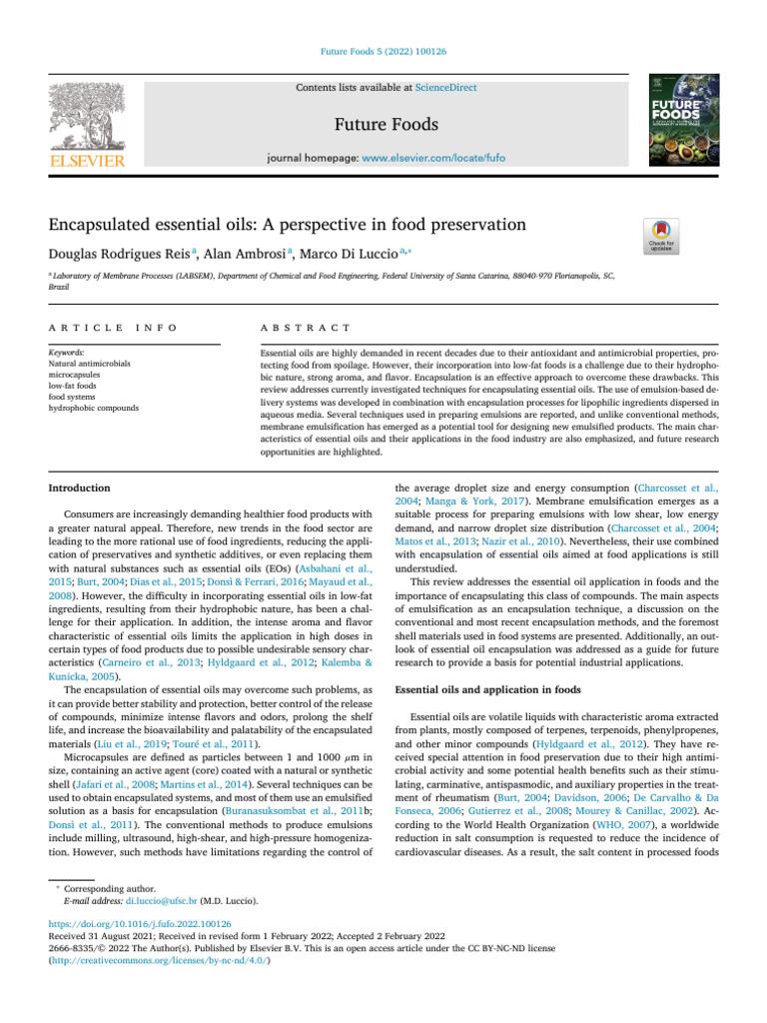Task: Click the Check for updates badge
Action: tap(664, 236)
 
